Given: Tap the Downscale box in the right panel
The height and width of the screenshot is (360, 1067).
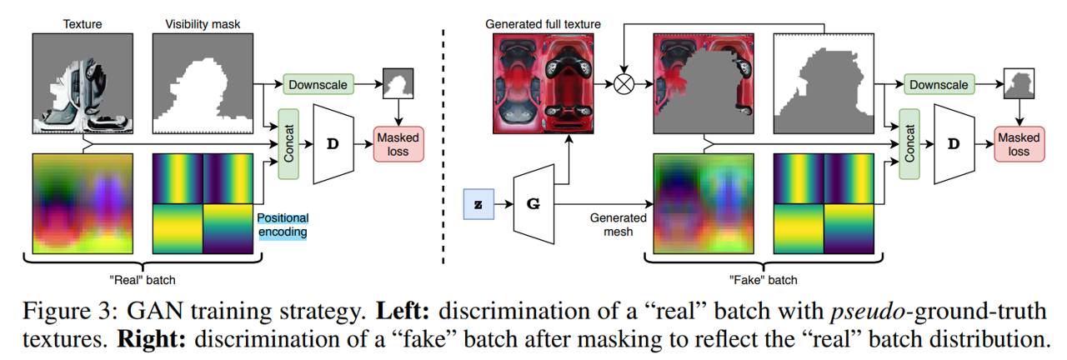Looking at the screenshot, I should pos(939,84).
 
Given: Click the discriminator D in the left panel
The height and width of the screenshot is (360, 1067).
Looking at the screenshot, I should pos(333,143).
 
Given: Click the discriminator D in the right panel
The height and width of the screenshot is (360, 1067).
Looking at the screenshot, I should pos(954,143).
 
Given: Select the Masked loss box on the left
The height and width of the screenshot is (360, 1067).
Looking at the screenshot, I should pos(399,144).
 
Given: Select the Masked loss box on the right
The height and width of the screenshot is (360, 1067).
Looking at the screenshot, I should pos(1019,144).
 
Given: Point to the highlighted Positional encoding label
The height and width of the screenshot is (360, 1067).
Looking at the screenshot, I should pos(282,224).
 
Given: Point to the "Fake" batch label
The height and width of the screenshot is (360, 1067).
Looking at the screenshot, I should pos(758,279).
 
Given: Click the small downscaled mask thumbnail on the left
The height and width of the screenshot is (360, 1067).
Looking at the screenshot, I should pos(398,84).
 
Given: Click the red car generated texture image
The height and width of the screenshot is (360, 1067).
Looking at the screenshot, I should pos(544,83).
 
